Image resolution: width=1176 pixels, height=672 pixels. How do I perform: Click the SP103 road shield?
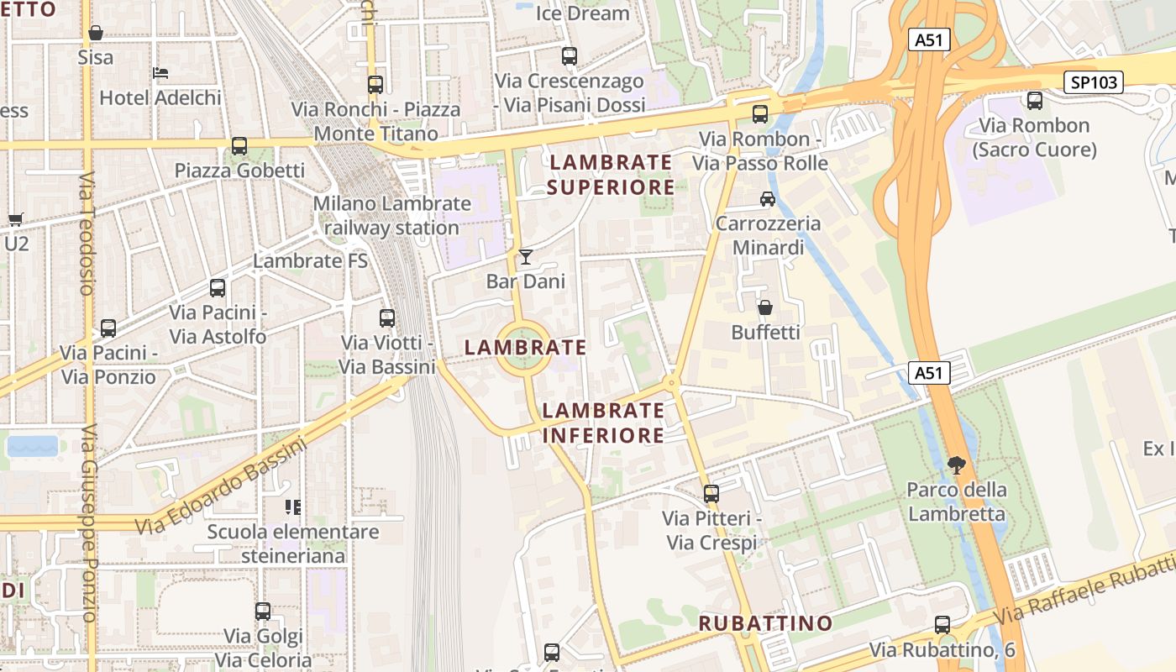point(1094,82)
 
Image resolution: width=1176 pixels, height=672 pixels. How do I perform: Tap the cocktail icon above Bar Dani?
point(525,256)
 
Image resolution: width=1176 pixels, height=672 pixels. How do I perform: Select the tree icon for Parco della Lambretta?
point(956,465)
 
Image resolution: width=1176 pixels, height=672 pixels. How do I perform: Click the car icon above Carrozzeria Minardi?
point(767,199)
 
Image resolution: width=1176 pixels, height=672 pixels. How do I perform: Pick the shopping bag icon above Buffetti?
point(764,307)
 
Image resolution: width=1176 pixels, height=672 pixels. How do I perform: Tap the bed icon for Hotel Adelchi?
point(160,73)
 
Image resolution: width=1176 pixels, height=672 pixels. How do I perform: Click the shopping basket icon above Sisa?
point(96,33)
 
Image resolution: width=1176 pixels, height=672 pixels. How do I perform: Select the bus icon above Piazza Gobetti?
point(239,146)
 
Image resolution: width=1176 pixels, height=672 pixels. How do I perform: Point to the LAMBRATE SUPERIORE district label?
point(611,174)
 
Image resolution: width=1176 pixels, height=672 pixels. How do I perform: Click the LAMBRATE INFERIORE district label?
point(603,423)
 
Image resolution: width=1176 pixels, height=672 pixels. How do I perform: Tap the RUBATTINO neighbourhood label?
point(765,623)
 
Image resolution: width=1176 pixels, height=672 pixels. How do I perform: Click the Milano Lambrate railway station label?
point(391,215)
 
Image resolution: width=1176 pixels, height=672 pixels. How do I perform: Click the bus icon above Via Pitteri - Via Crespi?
point(711,494)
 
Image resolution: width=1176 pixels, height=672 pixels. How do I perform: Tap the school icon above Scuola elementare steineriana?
point(293,507)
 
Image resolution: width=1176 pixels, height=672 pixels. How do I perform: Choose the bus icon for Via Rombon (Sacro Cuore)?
point(1035,101)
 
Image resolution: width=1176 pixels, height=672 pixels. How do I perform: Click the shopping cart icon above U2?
point(15,220)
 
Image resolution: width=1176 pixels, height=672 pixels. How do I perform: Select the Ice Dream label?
point(582,13)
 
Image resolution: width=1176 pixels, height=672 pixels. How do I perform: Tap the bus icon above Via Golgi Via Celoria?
point(263,612)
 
